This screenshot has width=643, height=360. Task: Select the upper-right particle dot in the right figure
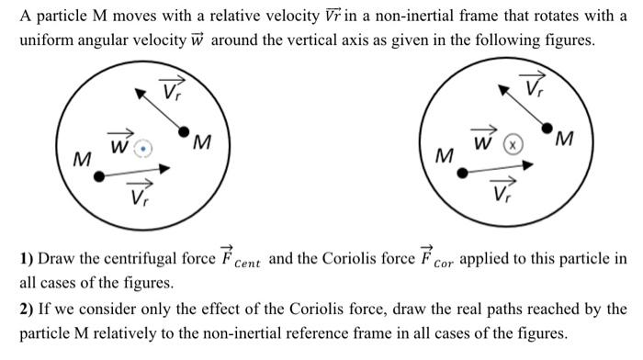pos(548,128)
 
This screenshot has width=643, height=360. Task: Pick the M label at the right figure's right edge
pos(567,141)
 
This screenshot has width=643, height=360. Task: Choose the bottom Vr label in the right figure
pos(502,192)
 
